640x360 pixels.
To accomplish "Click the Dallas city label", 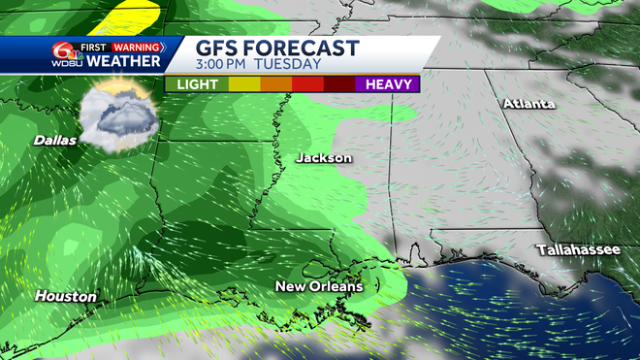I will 55,140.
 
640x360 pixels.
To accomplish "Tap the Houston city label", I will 67,295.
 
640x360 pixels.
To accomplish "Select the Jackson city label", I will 324,157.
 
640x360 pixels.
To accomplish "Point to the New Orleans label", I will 319,286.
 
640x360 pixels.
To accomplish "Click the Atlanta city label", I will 528,103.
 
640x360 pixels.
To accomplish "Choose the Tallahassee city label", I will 579,249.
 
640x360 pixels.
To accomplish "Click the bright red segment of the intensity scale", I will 307,84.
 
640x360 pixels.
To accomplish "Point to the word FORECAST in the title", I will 307,49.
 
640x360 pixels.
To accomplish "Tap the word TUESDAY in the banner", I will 288,65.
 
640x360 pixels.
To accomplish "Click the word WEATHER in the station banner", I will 123,61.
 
